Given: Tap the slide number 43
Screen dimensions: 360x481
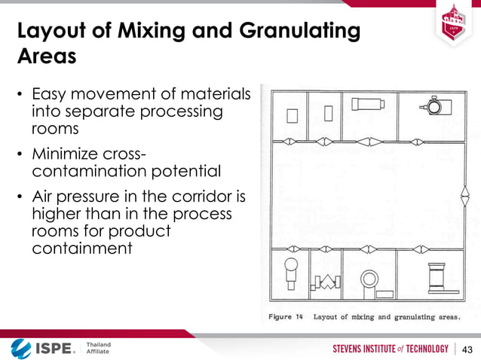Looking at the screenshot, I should [x=467, y=349].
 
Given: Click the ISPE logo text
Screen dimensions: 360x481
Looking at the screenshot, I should [x=54, y=349].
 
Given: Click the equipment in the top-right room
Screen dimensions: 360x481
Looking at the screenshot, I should [x=434, y=105].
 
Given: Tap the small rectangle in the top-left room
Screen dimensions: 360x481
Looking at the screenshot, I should [x=293, y=115].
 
